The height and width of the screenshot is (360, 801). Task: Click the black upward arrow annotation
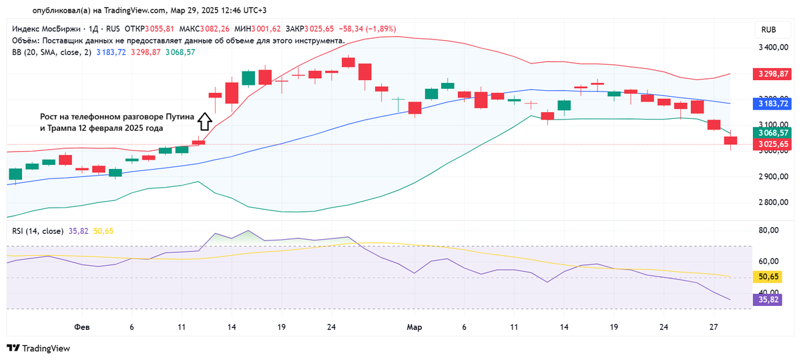pyautogui.click(x=204, y=121)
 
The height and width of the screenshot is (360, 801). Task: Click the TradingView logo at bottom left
pyautogui.click(x=39, y=348)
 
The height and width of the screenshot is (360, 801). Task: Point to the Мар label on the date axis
pyautogui.click(x=415, y=327)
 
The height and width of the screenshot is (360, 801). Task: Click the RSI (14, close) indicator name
pyautogui.click(x=37, y=231)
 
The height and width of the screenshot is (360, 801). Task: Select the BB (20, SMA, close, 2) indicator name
pyautogui.click(x=51, y=52)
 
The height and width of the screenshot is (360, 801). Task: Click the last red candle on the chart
pyautogui.click(x=730, y=140)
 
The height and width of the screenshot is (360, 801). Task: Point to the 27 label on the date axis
pyautogui.click(x=714, y=327)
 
